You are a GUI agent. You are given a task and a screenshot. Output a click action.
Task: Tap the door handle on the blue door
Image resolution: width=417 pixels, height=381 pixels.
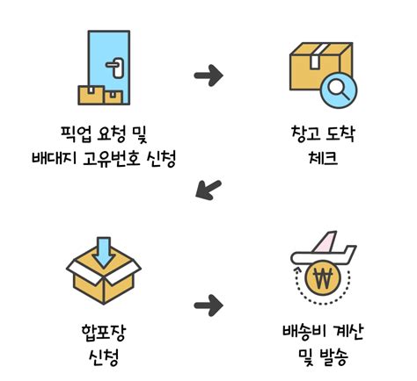tap(115, 63)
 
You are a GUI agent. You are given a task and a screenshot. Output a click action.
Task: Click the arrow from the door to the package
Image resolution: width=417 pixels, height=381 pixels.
tap(208, 75)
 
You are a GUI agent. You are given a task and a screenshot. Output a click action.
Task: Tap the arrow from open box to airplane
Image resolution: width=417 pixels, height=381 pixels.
tap(208, 306)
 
